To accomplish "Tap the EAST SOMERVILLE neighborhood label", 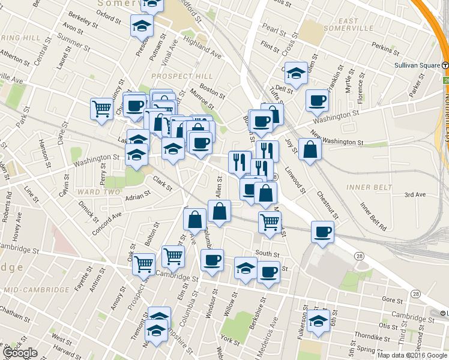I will (x=340, y=25).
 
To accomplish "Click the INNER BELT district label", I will (x=366, y=187).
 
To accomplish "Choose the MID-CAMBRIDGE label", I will (x=36, y=290).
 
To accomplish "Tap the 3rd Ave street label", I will (x=414, y=195).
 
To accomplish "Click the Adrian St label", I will (x=137, y=195).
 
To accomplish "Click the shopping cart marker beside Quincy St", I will (x=102, y=109).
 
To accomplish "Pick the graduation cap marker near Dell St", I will (x=296, y=72).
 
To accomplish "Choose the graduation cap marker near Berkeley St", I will (x=142, y=25).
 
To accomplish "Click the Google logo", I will (x=19, y=353).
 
